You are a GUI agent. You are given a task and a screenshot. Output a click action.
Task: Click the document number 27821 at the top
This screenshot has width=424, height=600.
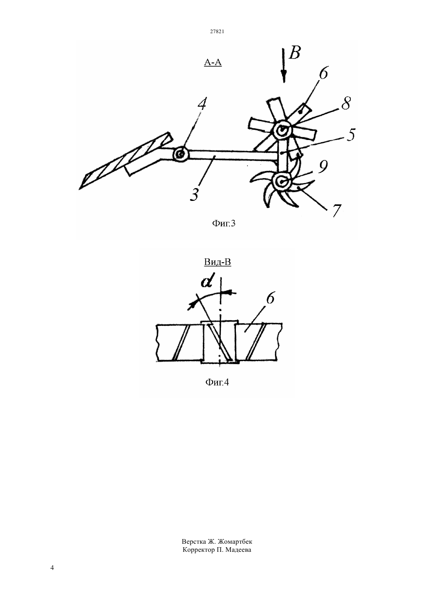click(217, 31)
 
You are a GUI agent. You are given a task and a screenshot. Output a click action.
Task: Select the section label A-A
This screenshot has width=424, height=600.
click(213, 62)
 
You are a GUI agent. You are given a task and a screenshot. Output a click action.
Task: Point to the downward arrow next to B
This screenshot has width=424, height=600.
click(284, 65)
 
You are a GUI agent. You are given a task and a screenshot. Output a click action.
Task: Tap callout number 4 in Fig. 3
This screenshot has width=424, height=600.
click(202, 104)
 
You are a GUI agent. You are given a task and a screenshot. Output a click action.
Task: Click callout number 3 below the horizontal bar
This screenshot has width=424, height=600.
click(194, 195)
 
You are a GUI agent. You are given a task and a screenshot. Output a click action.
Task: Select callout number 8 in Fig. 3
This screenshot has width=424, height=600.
click(346, 103)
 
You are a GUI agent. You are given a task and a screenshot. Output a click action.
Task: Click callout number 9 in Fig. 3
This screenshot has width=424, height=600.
click(323, 167)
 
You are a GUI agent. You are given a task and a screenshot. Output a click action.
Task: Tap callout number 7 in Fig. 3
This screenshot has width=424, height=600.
click(337, 211)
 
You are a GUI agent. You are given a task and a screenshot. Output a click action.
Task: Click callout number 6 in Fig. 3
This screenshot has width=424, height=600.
click(323, 73)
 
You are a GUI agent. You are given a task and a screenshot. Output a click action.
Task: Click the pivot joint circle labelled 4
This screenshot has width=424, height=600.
click(181, 154)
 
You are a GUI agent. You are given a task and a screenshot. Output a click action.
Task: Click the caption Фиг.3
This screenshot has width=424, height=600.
click(224, 223)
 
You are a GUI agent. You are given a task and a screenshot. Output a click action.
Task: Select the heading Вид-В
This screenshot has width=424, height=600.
click(217, 262)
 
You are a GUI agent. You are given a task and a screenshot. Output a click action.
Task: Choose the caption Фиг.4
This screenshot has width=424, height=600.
click(217, 382)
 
